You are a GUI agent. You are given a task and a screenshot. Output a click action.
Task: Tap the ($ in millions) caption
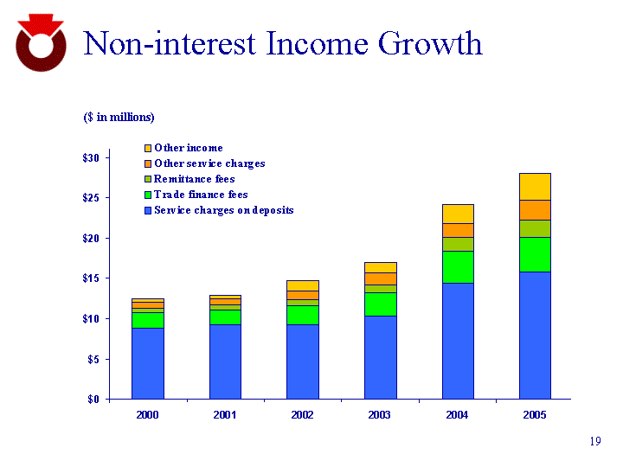(119, 117)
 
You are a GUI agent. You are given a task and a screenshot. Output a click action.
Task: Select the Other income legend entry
(188, 148)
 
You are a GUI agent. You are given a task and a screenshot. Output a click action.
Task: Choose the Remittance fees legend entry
(194, 179)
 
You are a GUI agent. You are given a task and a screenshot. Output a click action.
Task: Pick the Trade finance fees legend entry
(201, 195)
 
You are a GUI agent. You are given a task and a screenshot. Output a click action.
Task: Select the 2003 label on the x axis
(379, 416)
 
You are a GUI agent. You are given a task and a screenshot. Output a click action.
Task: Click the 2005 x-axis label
(534, 416)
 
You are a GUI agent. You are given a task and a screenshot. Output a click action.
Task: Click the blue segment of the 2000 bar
(147, 363)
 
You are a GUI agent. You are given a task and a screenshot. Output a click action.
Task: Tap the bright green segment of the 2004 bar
(457, 267)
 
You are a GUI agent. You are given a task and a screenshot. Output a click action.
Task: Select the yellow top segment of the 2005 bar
(534, 186)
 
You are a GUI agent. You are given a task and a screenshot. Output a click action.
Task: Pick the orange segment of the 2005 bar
(534, 209)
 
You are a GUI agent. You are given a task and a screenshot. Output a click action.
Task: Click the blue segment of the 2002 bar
(302, 361)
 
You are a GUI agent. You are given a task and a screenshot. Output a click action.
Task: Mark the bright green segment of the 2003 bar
(379, 304)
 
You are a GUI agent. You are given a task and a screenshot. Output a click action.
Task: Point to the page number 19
(594, 443)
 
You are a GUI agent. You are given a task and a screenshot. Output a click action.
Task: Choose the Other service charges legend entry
(209, 163)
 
